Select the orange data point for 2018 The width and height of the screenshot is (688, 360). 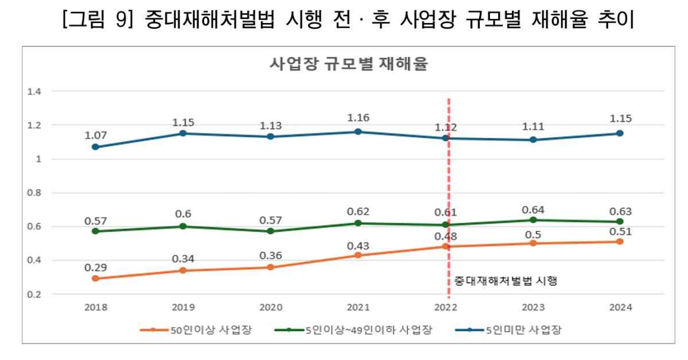pos(95,278)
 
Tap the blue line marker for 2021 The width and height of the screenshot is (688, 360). pos(357,131)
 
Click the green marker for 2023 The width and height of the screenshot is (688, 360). pos(532,220)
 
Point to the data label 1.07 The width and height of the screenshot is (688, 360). pos(95,135)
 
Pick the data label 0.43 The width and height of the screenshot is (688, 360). pos(357,246)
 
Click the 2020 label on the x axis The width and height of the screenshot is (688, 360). pos(270,307)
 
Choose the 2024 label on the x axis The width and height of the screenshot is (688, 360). pos(620,307)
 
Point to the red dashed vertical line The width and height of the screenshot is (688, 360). pos(448,172)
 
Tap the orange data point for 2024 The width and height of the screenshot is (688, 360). pos(620,242)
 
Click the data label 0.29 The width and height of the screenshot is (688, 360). pos(95,268)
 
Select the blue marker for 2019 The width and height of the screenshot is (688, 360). pos(182,133)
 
